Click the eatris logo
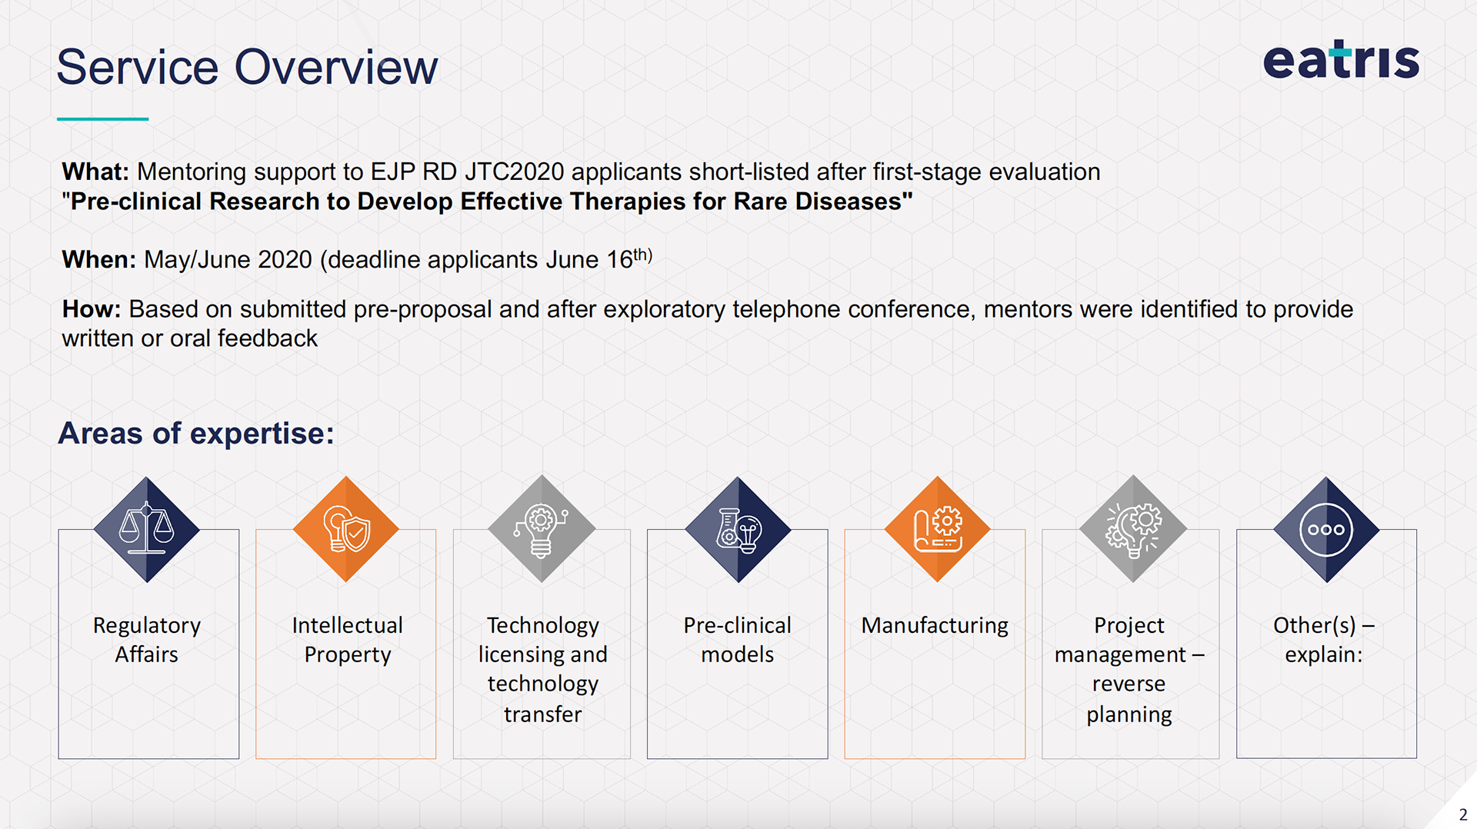pos(1341,59)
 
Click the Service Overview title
pos(247,67)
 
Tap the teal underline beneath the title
pos(102,118)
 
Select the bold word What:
pos(95,171)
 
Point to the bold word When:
pos(99,260)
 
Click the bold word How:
pos(92,309)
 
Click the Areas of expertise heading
pos(196,433)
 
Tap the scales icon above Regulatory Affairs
pos(147,529)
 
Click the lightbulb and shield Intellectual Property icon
pos(346,529)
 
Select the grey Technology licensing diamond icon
pos(542,529)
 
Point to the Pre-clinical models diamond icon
pos(738,529)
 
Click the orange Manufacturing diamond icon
pos(937,529)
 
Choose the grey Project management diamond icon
pos(1132,529)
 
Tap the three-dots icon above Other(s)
pos(1326,529)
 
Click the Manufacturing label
pos(935,625)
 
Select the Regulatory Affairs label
pos(147,640)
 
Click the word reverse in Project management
pos(1129,684)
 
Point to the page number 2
pos(1463,814)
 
